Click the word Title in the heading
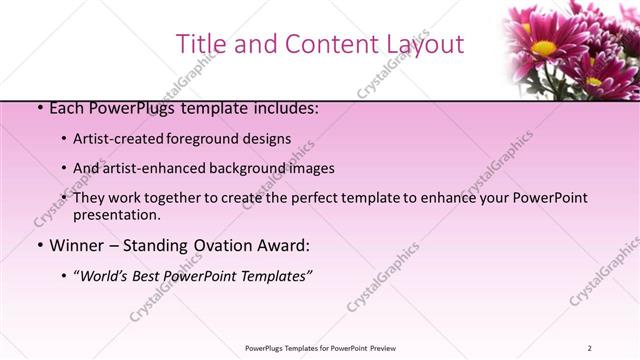pos(199,44)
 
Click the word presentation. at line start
pos(116,214)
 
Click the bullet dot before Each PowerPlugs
pos(39,109)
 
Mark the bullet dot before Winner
pos(39,246)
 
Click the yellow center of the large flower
pos(543,47)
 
